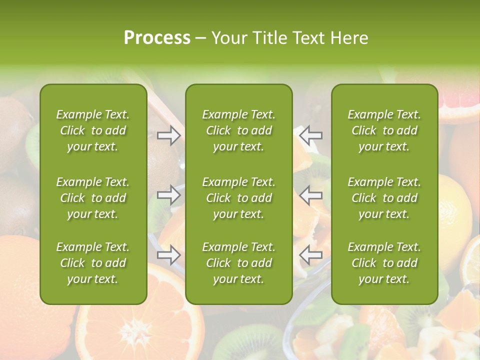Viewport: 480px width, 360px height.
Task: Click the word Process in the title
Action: [x=157, y=37]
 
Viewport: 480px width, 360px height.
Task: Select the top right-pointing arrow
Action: [x=169, y=135]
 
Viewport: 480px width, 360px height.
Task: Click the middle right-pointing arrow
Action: [x=169, y=194]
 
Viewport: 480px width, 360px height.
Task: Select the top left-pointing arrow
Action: [x=311, y=135]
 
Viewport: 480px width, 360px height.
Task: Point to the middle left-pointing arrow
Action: [x=311, y=194]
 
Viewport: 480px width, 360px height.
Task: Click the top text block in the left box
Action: [x=93, y=130]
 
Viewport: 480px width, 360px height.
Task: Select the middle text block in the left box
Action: [x=93, y=198]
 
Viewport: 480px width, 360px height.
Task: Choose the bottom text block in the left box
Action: [x=93, y=263]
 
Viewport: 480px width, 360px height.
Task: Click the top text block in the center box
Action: [x=239, y=130]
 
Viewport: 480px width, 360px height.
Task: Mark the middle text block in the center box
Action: [x=239, y=198]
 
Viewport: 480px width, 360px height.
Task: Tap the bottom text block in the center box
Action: [x=239, y=263]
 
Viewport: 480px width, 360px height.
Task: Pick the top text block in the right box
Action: [x=384, y=130]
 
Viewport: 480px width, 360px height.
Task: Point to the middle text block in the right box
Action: [x=384, y=198]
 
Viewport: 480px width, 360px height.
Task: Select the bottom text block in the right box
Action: [x=384, y=263]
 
